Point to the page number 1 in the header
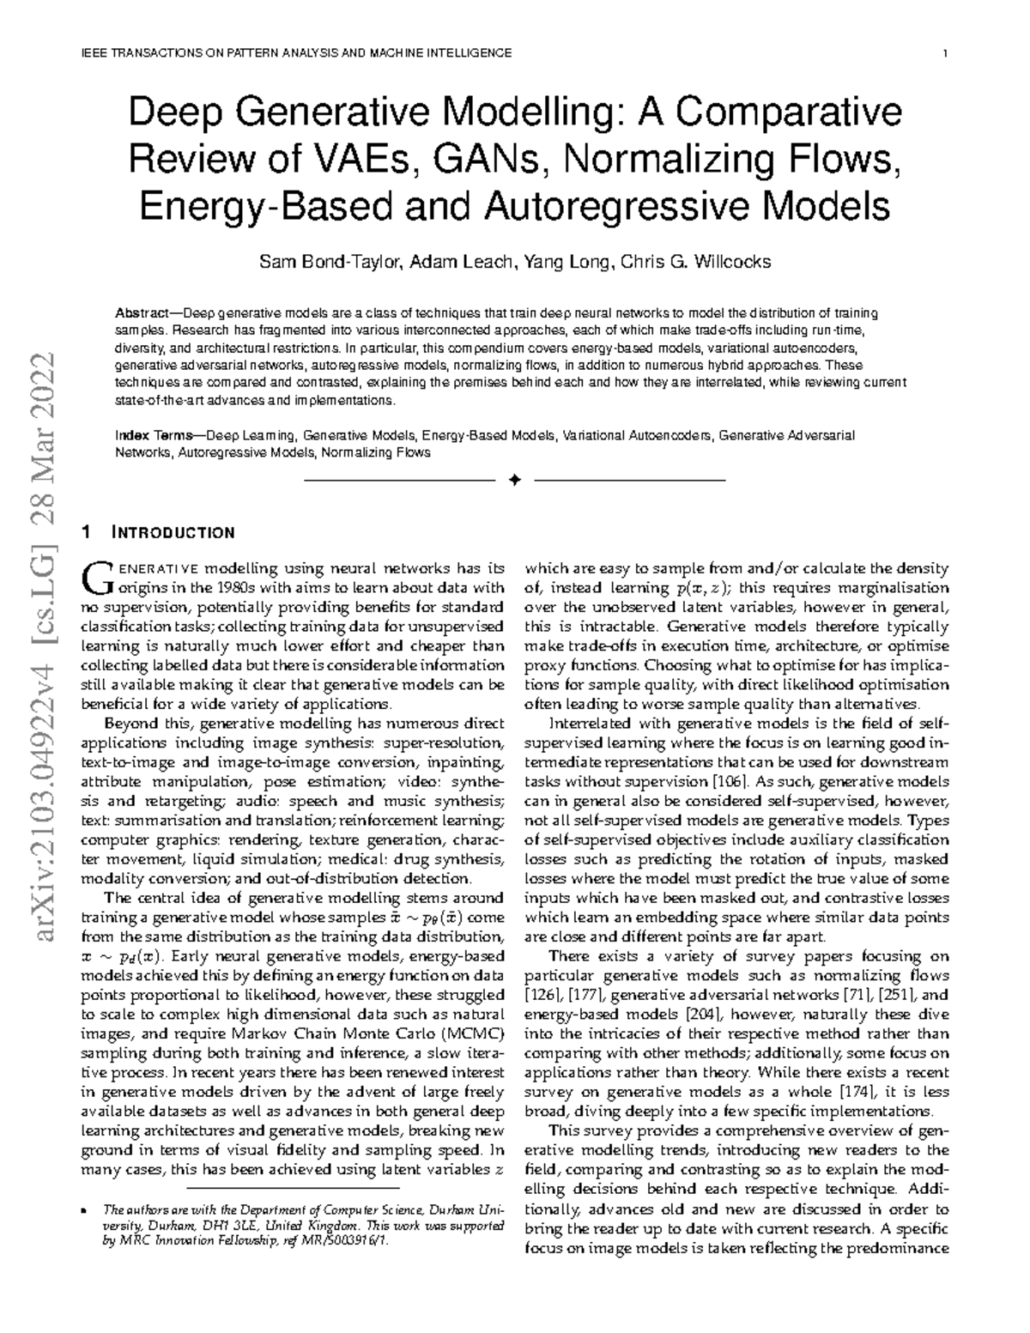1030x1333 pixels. (x=945, y=53)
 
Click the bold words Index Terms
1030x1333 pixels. (x=154, y=436)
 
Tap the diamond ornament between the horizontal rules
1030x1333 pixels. (x=514, y=479)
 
